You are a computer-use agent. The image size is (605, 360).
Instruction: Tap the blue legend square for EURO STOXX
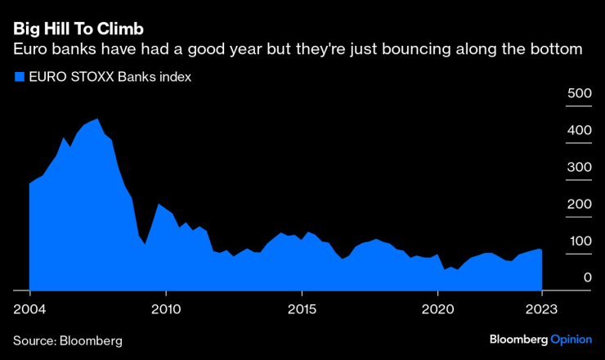(x=19, y=78)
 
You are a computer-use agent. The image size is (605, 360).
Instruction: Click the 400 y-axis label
(x=579, y=130)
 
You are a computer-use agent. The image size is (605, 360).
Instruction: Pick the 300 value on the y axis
(x=579, y=167)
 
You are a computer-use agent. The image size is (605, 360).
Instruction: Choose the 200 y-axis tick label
(x=579, y=204)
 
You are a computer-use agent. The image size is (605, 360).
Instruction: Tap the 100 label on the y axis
(x=579, y=241)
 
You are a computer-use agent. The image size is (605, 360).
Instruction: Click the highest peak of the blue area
(x=98, y=119)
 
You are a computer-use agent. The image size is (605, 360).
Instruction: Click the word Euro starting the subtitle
(x=30, y=50)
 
